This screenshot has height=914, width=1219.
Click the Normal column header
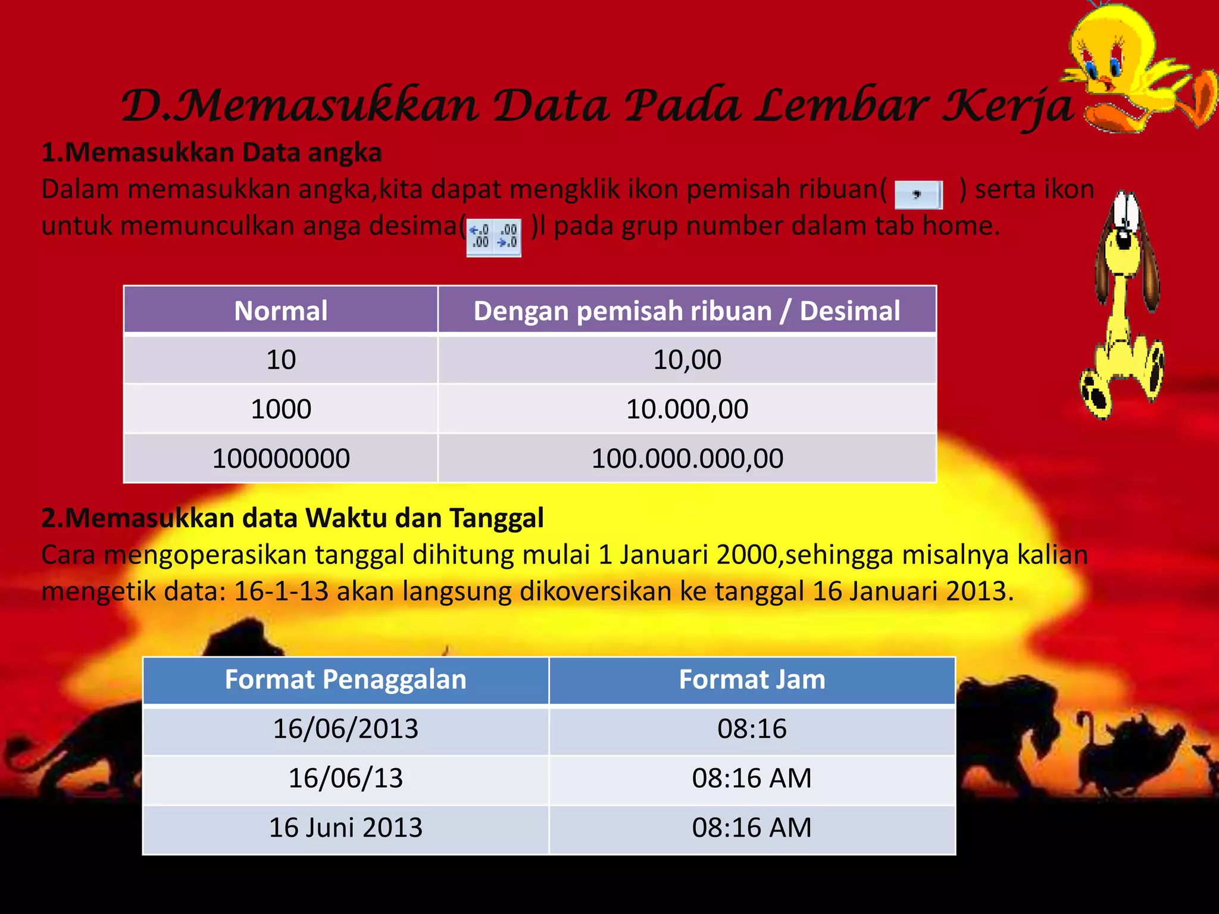point(280,311)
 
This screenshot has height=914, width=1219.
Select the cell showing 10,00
point(687,360)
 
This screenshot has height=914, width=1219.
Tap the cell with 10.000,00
point(687,409)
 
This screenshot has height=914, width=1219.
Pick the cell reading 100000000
point(280,459)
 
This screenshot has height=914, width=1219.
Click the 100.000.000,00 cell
point(687,459)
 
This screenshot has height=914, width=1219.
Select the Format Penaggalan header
point(345,680)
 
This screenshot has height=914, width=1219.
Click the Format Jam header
point(752,680)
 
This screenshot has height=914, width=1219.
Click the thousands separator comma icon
point(918,195)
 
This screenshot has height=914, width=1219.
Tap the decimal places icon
point(493,237)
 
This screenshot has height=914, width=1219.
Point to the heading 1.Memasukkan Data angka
point(211,153)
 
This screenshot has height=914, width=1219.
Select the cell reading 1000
point(280,409)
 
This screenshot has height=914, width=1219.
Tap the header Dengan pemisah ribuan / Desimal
point(687,311)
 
